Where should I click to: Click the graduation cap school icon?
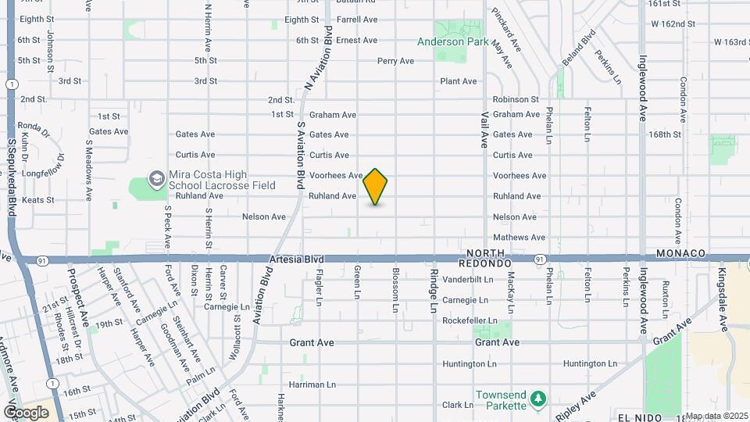pos(156,180)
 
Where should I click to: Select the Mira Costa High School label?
pos(212,180)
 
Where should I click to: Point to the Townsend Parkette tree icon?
pos(537,399)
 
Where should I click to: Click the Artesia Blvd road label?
pos(296,258)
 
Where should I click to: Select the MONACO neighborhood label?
pos(680,254)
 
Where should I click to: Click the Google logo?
pos(26,413)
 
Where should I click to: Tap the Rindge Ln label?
pos(434,291)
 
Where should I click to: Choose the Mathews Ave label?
pos(518,238)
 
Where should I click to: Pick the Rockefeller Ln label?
pos(470,320)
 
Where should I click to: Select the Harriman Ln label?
pos(312,384)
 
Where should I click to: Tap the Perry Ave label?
pos(395,61)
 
